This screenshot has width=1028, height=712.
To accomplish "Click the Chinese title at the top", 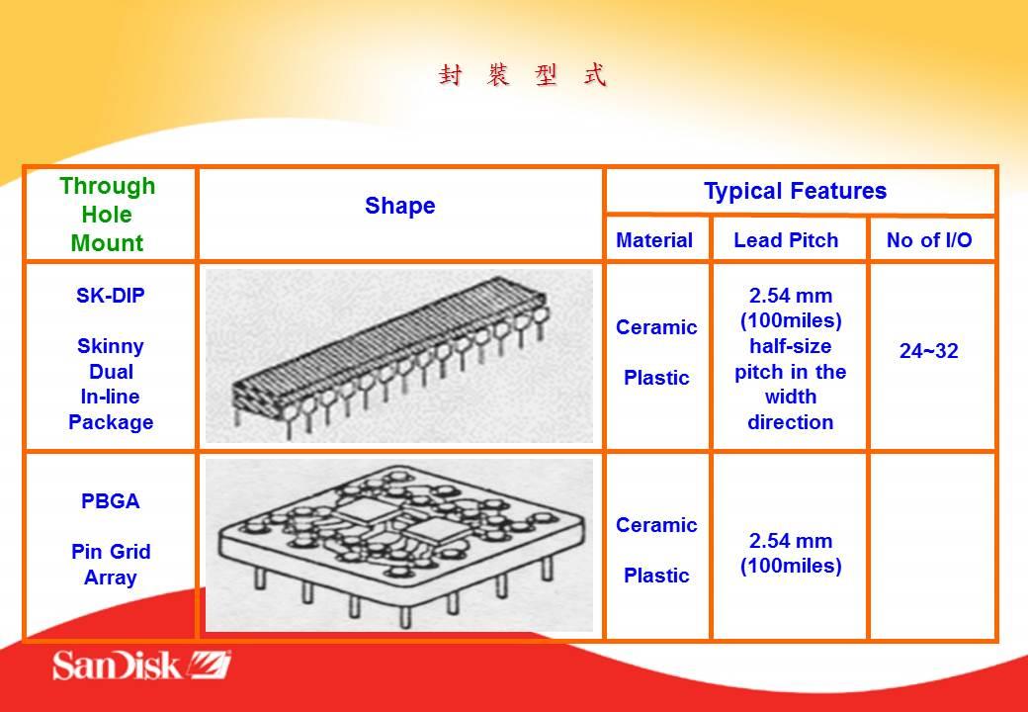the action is [x=523, y=75].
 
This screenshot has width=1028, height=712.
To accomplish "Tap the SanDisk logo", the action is [x=141, y=665].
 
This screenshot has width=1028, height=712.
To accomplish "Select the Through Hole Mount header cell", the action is [x=108, y=215].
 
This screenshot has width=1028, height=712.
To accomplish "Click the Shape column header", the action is [x=400, y=206].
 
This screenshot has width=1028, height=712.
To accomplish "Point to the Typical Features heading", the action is [x=796, y=191].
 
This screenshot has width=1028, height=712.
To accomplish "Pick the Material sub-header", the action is [x=654, y=240].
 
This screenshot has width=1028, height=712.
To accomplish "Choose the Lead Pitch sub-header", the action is [x=786, y=240].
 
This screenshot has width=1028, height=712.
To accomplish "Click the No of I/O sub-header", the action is [x=929, y=240].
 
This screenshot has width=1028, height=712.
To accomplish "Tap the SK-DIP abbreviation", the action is [x=110, y=296].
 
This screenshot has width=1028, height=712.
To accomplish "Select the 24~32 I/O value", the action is [x=929, y=351].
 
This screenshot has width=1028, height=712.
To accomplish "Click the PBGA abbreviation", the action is [x=110, y=501].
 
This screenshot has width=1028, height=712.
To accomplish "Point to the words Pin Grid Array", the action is [x=111, y=565].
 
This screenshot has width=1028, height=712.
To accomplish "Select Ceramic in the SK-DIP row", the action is [x=656, y=327].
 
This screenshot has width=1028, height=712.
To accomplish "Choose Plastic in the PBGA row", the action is [x=656, y=576].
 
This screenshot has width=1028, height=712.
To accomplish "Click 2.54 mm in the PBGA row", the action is [x=791, y=542].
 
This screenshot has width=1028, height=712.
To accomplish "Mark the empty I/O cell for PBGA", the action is [x=932, y=546].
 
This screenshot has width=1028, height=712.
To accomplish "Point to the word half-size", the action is [x=791, y=346].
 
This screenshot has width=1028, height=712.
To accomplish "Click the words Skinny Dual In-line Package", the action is [x=111, y=385].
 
